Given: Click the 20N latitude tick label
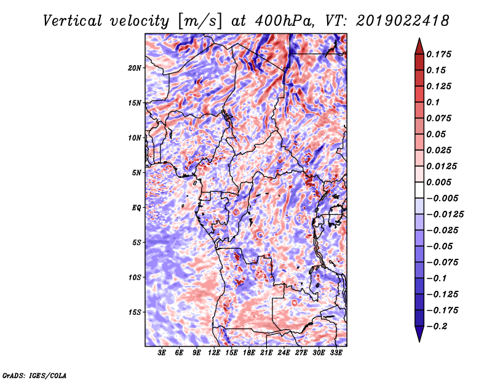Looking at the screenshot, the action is click(134, 68).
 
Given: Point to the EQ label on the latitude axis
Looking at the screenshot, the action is click(136, 208).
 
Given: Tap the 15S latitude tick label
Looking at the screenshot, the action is click(134, 312).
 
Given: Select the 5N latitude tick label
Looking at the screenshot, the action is click(136, 173).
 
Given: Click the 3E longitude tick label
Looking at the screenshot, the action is click(162, 353).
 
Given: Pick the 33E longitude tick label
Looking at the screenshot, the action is click(336, 353).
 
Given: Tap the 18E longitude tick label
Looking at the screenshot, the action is click(249, 353).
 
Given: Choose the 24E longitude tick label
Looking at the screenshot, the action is click(284, 353).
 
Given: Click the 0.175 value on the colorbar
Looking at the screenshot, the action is click(438, 54).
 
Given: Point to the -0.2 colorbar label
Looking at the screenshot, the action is click(437, 327).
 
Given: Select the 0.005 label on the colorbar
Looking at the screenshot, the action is click(438, 182).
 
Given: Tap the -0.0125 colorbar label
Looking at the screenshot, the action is click(445, 215).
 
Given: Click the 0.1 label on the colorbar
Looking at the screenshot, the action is click(433, 102).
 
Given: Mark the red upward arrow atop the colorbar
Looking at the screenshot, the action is click(419, 47).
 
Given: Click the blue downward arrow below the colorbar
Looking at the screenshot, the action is click(419, 334).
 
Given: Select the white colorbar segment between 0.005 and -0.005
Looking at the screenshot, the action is click(419, 190).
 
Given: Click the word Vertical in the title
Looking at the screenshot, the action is click(73, 21).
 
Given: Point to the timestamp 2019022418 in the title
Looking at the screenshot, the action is click(403, 21).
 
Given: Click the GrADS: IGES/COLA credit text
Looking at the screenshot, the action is click(34, 376).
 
